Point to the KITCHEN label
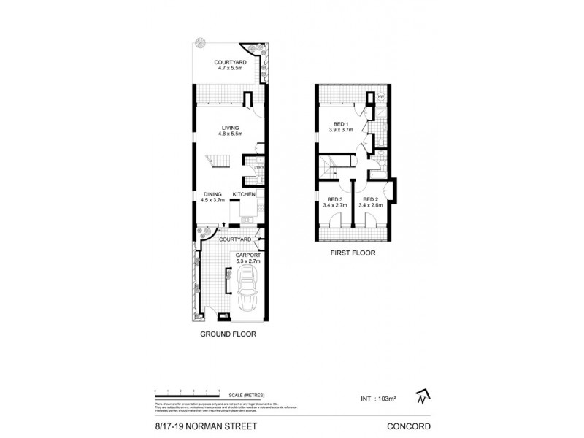click(x=242, y=193)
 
